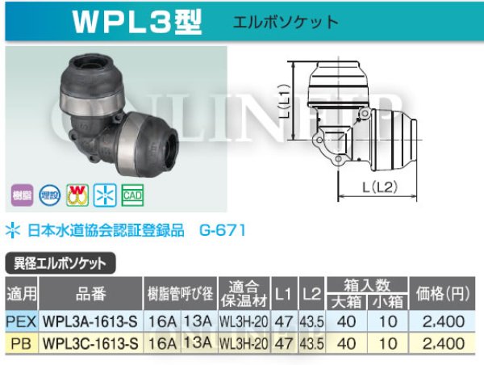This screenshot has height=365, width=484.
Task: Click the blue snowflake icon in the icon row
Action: (x=105, y=194)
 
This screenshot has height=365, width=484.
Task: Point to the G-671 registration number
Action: (x=221, y=230)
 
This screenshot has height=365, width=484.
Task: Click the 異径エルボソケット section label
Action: (x=60, y=263)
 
